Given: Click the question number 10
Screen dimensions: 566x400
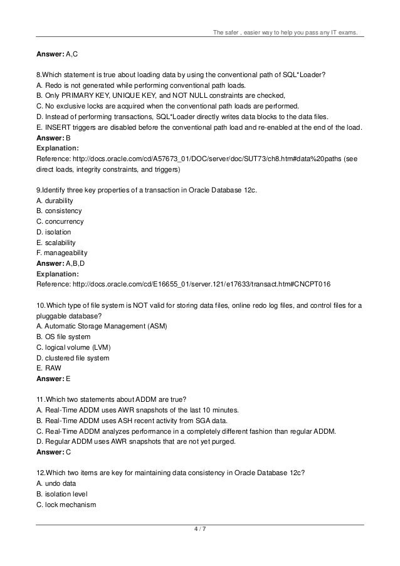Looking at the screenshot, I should click(41, 305).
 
